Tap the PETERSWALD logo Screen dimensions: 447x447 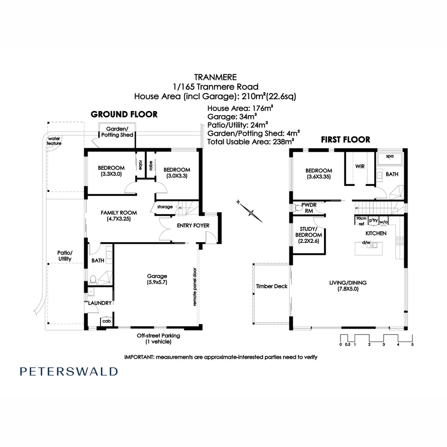69,371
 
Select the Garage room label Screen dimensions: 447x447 157,279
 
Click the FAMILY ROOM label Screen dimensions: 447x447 119,216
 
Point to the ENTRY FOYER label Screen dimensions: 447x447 193,226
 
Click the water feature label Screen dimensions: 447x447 54,141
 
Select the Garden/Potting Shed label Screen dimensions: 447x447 120,132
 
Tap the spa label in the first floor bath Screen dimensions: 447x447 389,156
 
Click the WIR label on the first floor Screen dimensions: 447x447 360,166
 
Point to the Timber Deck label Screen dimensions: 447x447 272,286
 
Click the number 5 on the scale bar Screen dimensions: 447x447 412,344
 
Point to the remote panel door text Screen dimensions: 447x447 194,286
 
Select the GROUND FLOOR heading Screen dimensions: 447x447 124,114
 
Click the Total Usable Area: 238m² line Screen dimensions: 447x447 250,141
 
